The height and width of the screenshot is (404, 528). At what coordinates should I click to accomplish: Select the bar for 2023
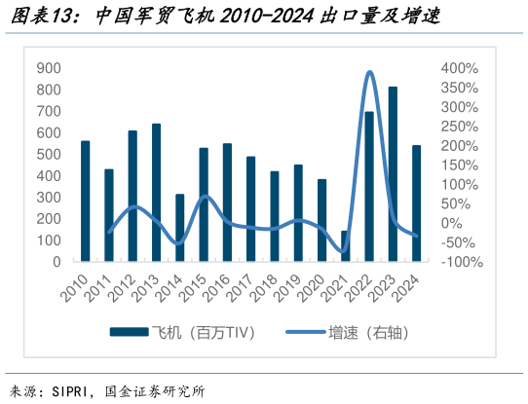[x=393, y=175]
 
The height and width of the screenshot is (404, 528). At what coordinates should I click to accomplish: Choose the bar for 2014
[x=179, y=228]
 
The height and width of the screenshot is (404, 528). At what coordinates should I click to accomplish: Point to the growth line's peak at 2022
[x=369, y=72]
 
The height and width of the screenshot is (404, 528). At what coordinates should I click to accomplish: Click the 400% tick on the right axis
[x=459, y=68]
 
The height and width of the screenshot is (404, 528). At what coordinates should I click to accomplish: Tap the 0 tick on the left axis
[x=57, y=262]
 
